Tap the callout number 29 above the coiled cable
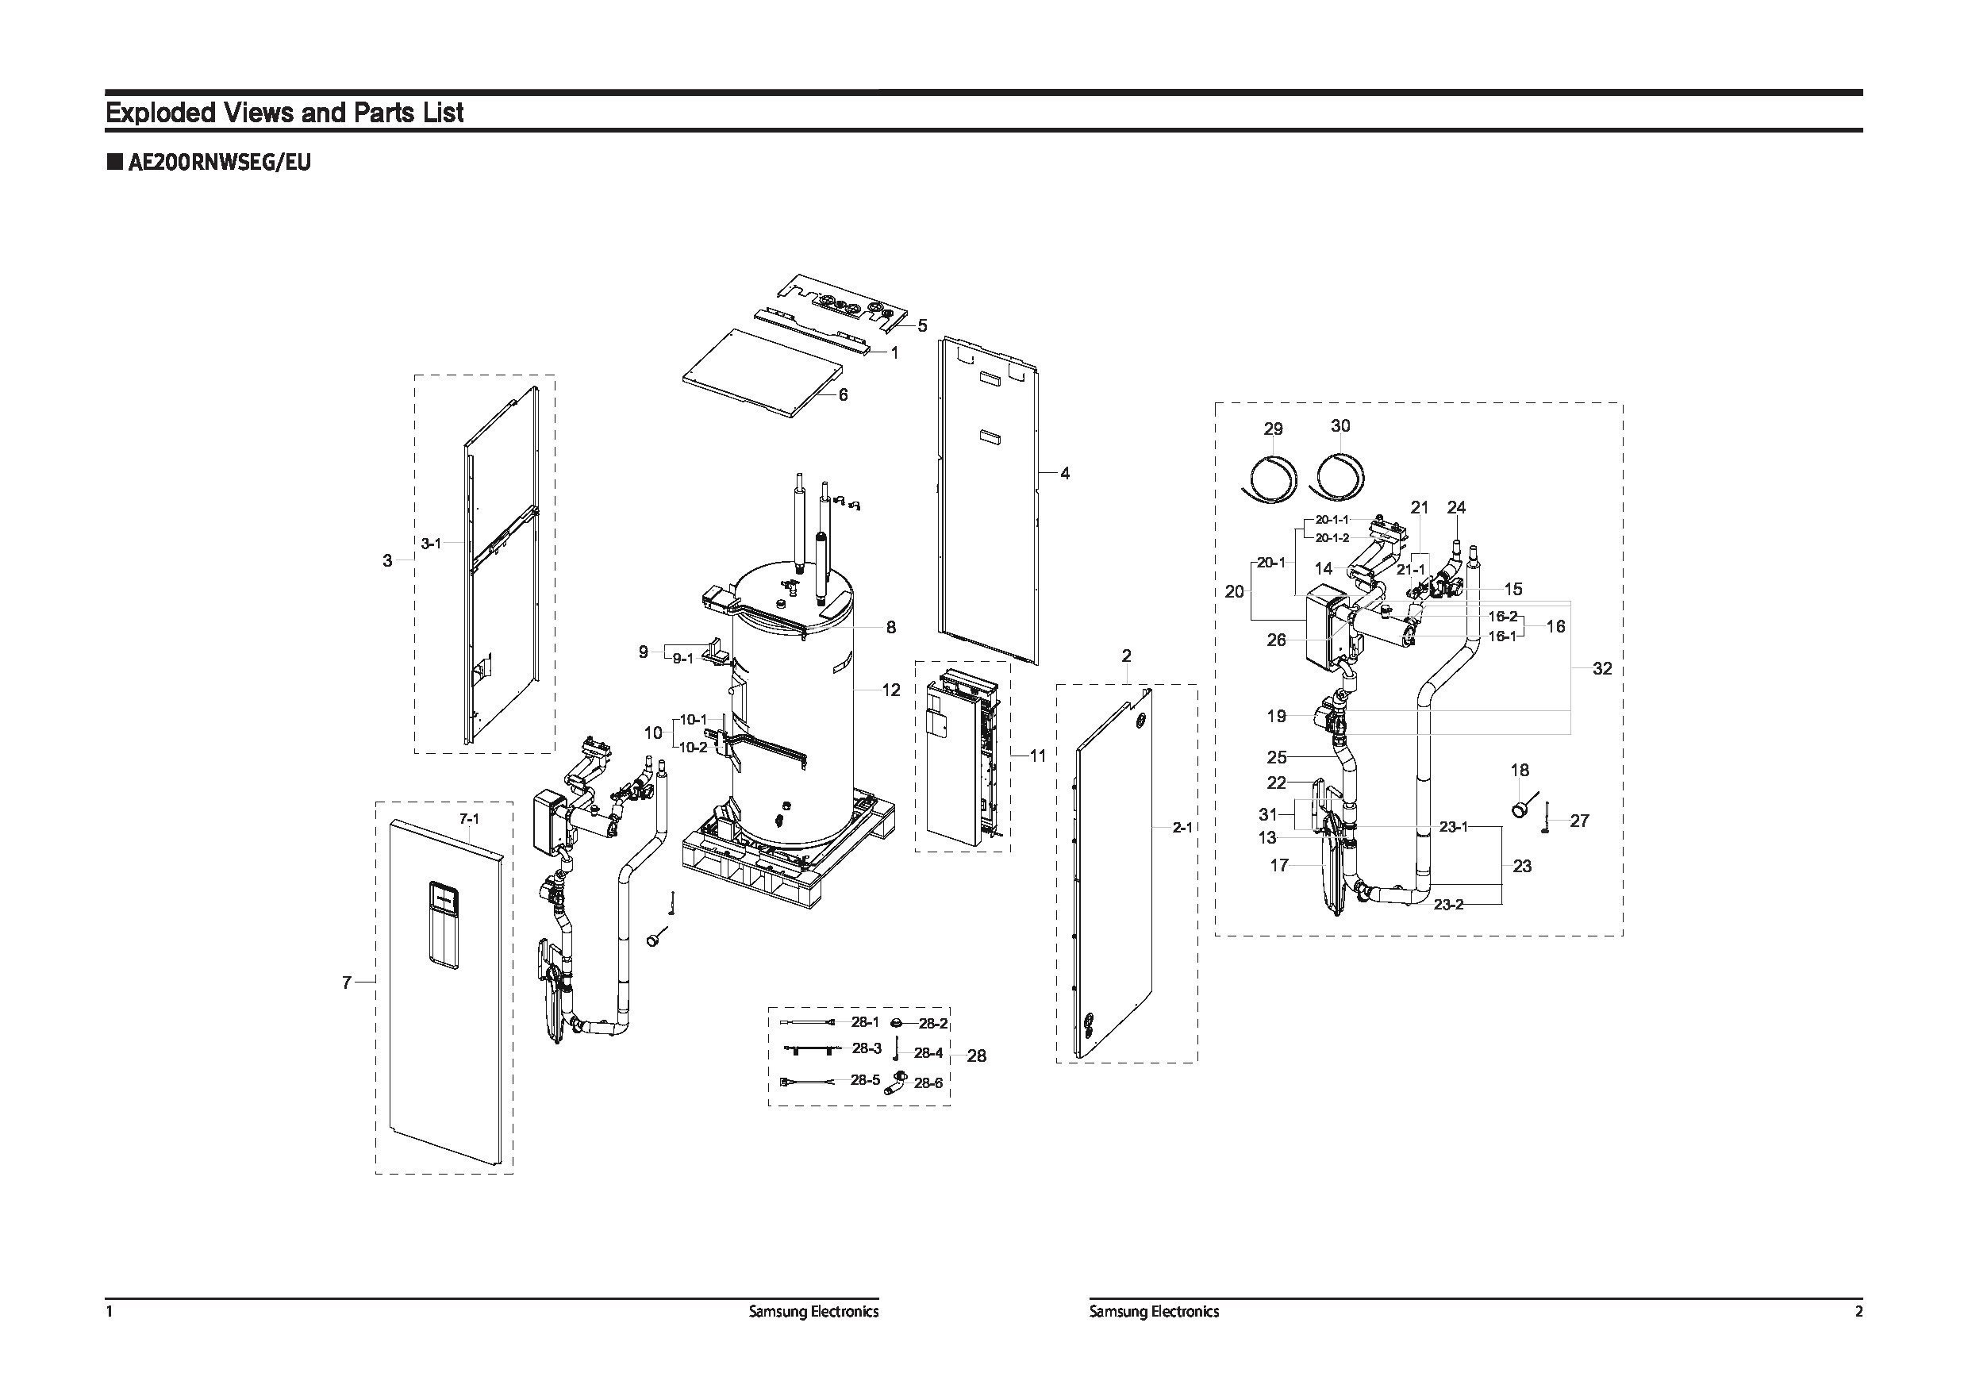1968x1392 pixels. pyautogui.click(x=1273, y=428)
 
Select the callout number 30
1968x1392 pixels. pyautogui.click(x=1340, y=426)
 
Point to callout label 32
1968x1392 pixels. pyautogui.click(x=1602, y=668)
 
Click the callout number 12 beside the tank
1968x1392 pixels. pyautogui.click(x=890, y=689)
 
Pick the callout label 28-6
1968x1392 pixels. pyautogui.click(x=928, y=1083)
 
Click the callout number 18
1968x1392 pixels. pyautogui.click(x=1520, y=771)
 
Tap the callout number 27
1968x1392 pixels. pyautogui.click(x=1579, y=821)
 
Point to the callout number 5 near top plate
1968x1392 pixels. pyautogui.click(x=922, y=325)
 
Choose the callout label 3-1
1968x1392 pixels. pyautogui.click(x=430, y=544)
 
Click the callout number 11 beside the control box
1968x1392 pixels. pyautogui.click(x=1037, y=756)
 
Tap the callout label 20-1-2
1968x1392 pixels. pyautogui.click(x=1332, y=537)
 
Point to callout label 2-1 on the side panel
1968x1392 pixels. pyautogui.click(x=1182, y=827)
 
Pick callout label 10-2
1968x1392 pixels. pyautogui.click(x=693, y=748)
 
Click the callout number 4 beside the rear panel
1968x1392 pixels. pyautogui.click(x=1065, y=473)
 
